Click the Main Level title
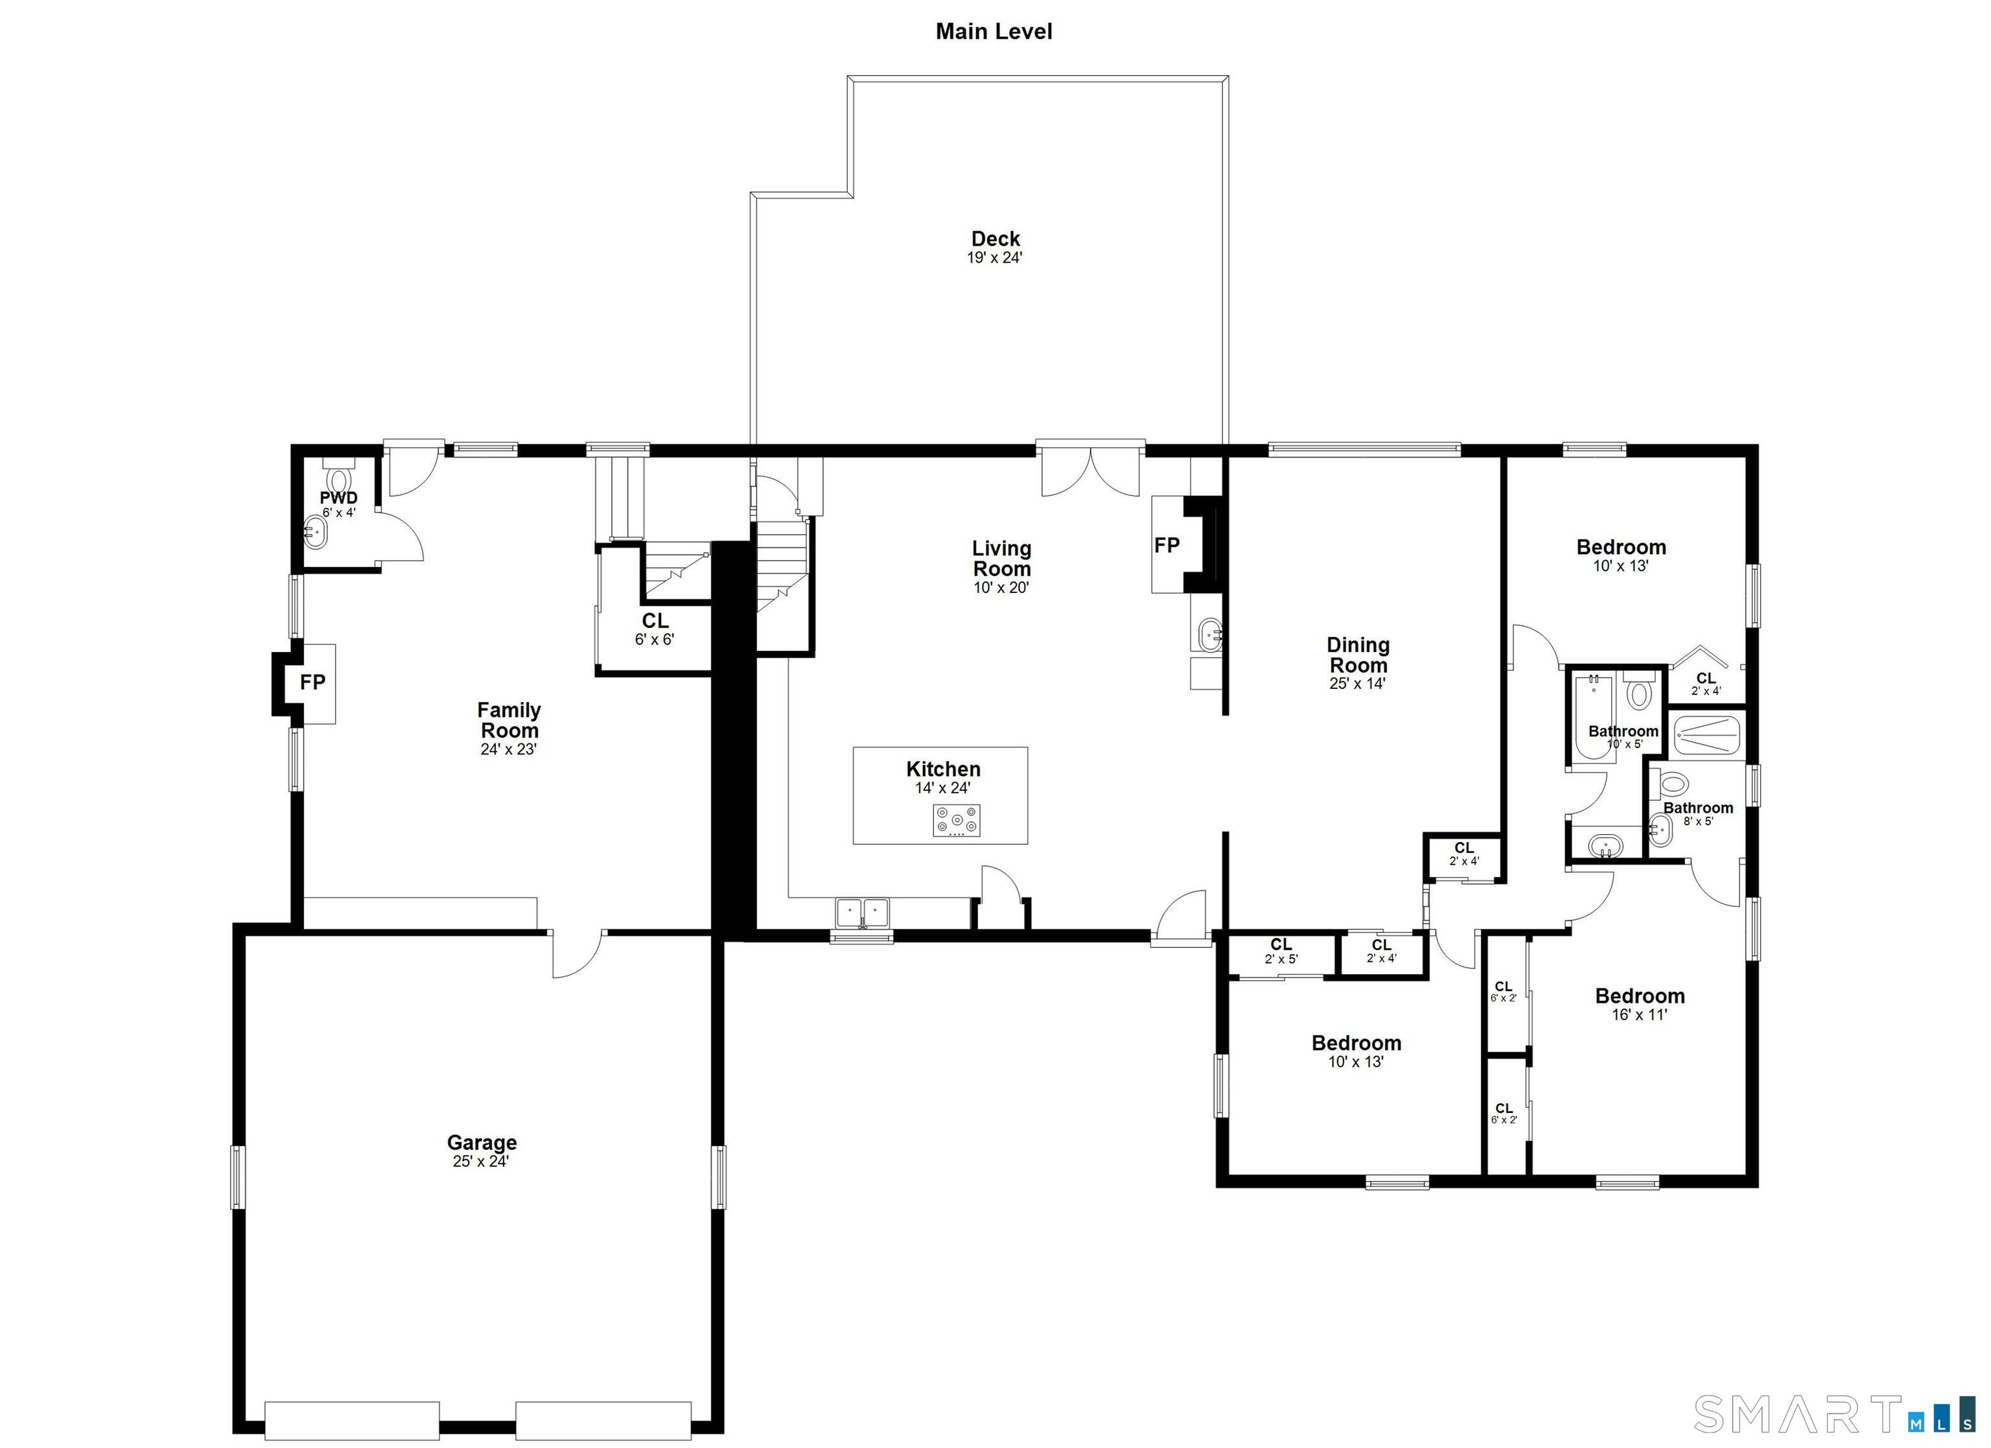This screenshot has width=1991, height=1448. [994, 32]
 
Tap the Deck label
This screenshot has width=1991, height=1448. [995, 239]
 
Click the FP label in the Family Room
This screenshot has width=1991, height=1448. [312, 683]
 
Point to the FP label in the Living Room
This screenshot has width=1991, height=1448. [1167, 545]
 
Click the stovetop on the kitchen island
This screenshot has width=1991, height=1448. [956, 821]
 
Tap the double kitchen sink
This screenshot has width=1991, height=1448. [862, 913]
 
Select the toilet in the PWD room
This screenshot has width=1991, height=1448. [338, 480]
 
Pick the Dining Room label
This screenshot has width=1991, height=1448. [1357, 655]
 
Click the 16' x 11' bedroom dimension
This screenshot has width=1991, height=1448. [1639, 1015]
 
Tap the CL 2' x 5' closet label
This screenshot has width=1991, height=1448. [1281, 951]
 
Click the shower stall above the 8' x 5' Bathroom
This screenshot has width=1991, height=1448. [1706, 736]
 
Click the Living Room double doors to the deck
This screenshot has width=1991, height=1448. [1090, 474]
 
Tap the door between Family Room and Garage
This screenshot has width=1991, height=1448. [577, 953]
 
